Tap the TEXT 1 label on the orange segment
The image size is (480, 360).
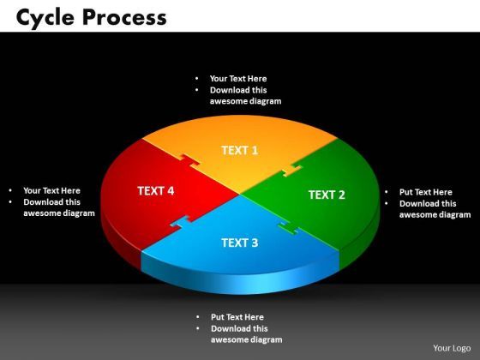(x=240, y=150)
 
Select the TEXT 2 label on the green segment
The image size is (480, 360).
(x=327, y=195)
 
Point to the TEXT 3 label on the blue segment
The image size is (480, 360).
(x=240, y=243)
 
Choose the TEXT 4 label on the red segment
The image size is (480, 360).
(x=156, y=190)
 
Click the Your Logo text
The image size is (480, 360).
(x=452, y=347)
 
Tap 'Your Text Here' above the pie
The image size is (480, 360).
(x=238, y=79)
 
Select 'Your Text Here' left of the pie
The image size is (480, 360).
(x=51, y=191)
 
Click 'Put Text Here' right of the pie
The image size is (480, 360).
(x=426, y=192)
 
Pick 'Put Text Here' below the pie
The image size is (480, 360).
(x=237, y=316)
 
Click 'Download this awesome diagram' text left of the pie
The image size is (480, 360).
(x=57, y=208)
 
